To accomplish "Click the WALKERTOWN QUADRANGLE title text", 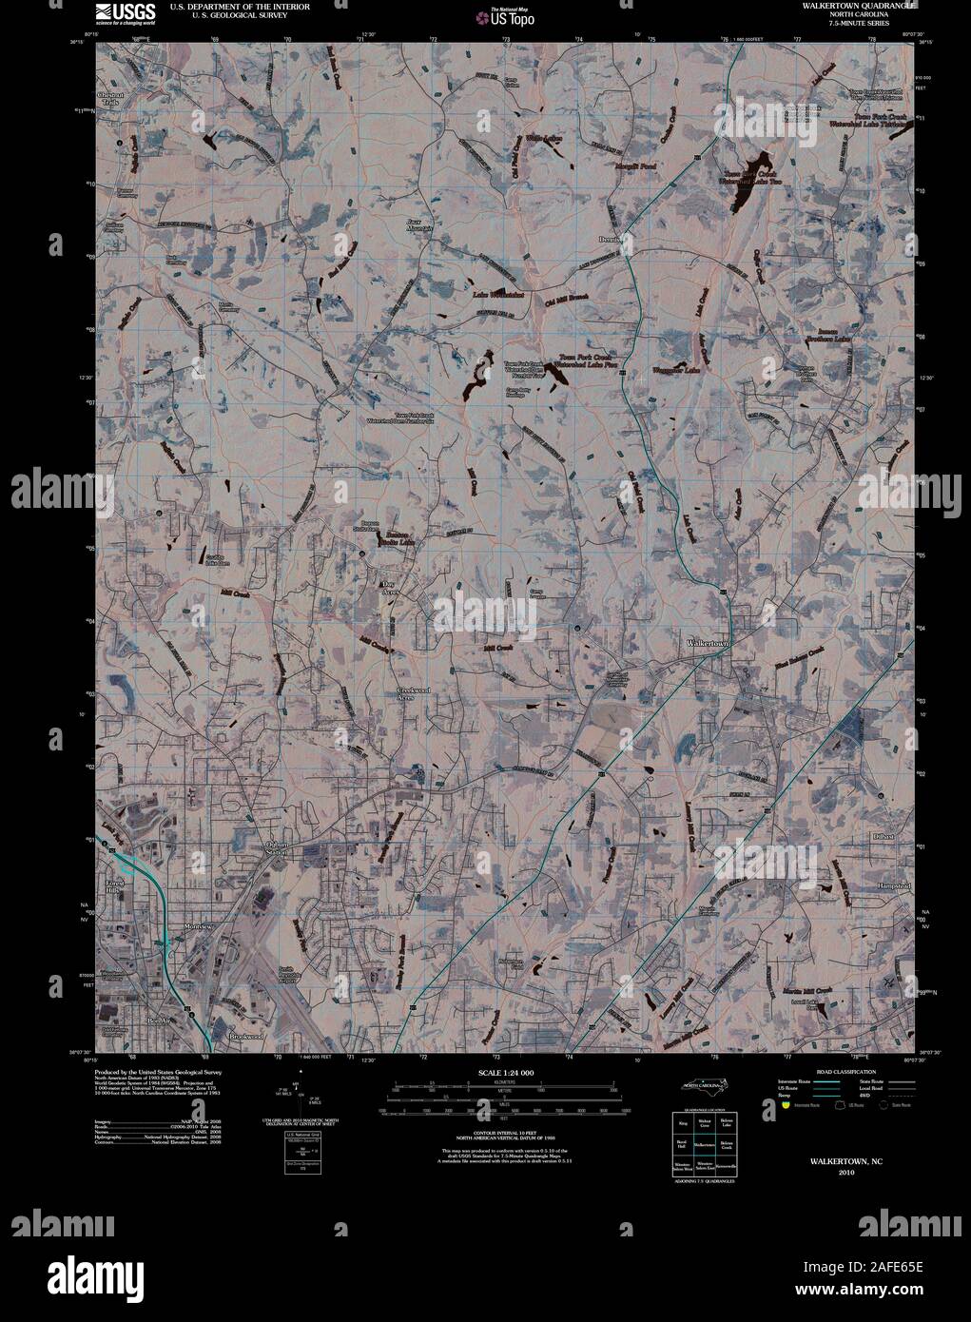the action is tap(852, 7).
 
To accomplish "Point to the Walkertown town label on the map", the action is tap(708, 644).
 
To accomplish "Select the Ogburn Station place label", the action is tap(276, 848).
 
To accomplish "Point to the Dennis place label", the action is tap(610, 239).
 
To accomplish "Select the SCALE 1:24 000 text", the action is tap(506, 1073).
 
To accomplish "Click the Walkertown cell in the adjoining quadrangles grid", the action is tap(703, 1144).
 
